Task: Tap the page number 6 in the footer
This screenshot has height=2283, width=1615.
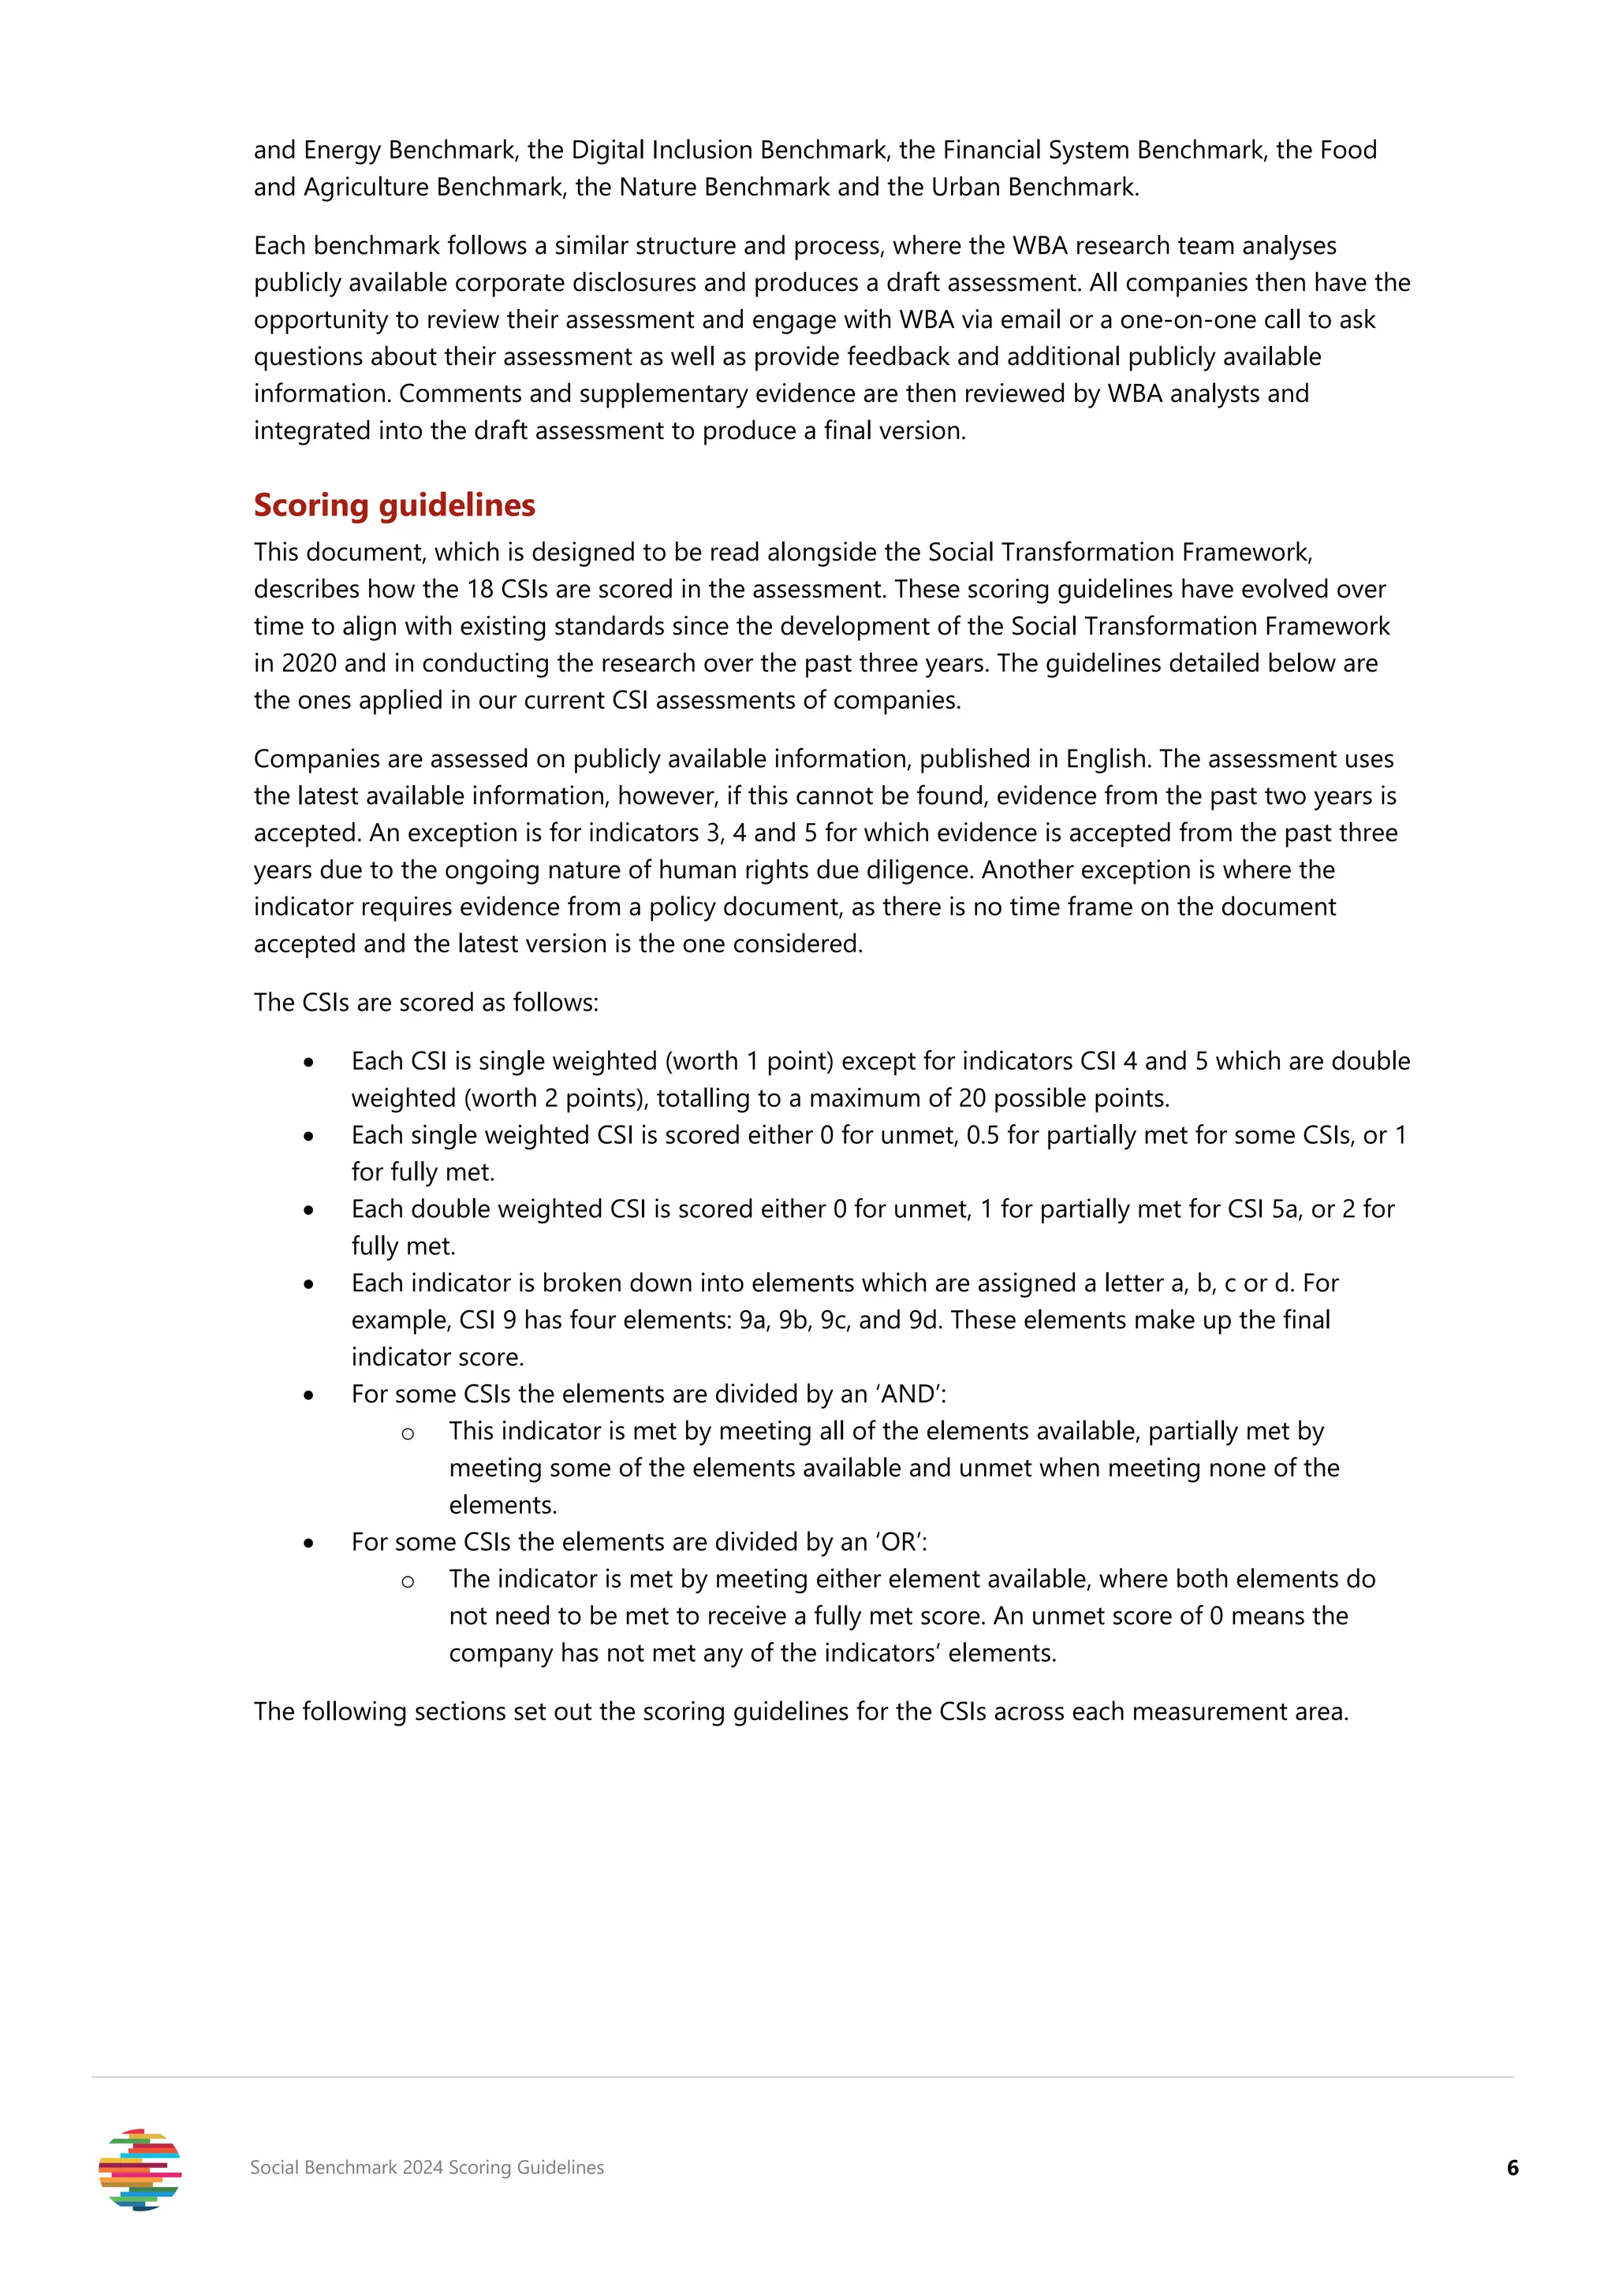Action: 1512,2168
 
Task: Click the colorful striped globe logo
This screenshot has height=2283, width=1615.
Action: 140,2169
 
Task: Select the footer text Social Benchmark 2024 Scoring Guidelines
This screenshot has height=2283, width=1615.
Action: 427,2168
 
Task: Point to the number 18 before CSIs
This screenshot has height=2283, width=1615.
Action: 480,590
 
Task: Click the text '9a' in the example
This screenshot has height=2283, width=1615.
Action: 752,1320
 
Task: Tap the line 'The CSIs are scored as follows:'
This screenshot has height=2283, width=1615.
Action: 426,1002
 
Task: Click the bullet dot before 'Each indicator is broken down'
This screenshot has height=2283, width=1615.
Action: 309,1285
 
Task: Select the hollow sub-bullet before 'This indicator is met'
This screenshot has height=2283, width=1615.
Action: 408,1433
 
